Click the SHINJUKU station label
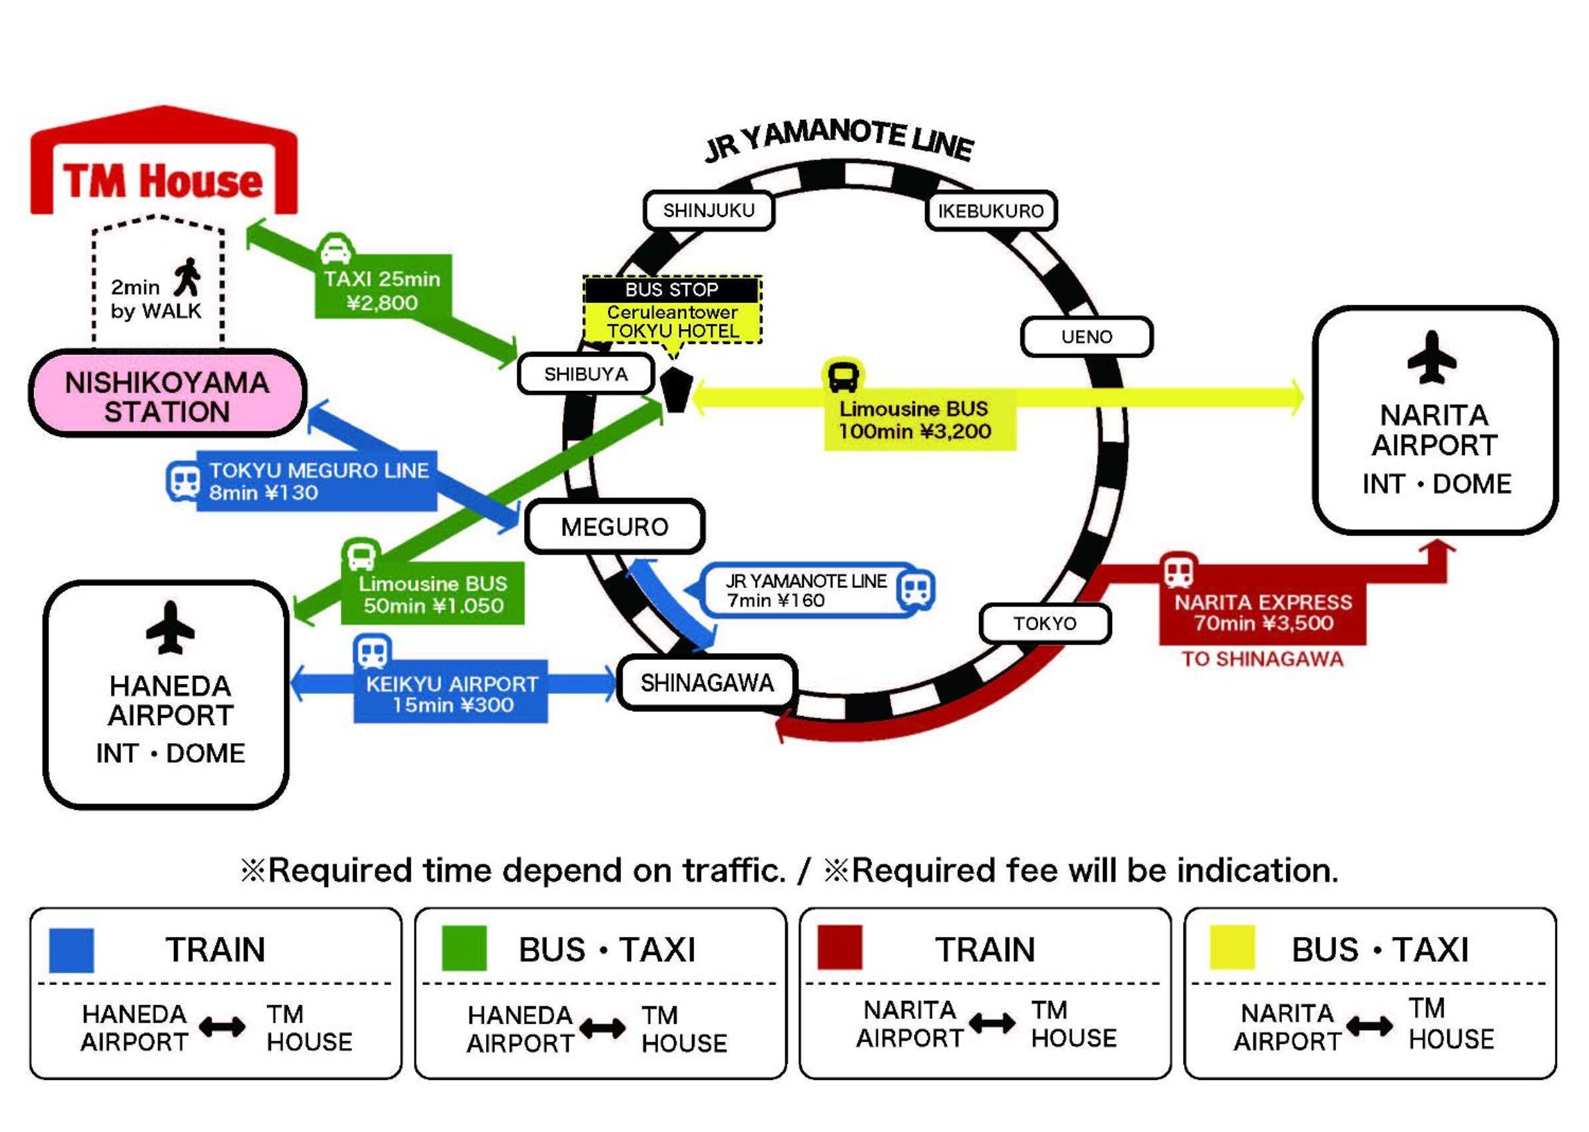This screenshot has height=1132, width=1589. pos(709,210)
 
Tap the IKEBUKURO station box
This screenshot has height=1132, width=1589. pos(990,210)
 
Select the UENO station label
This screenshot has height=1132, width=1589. pos(1086,337)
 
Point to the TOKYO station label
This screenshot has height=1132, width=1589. pos(1045,623)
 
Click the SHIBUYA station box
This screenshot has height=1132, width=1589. pos(585,374)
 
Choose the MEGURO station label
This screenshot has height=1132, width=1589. pos(615,527)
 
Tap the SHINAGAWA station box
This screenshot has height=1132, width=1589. pos(707,683)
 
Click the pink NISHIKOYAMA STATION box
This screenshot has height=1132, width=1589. pos(167,394)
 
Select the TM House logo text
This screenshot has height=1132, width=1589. pos(164,181)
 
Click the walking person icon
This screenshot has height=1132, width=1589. pos(186,278)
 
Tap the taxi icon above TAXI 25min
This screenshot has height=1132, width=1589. pos(336,249)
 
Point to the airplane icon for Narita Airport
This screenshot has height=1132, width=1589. pos(1432,357)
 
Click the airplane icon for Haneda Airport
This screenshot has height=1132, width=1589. pos(170,627)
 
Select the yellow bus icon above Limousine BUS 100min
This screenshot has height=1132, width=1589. pos(843,376)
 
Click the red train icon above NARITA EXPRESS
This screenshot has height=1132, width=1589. pos(1178,571)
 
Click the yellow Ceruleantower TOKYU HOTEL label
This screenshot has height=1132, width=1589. pos(673,322)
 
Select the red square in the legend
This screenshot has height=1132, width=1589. pos(839,948)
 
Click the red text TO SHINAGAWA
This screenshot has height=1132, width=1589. pos(1262,659)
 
